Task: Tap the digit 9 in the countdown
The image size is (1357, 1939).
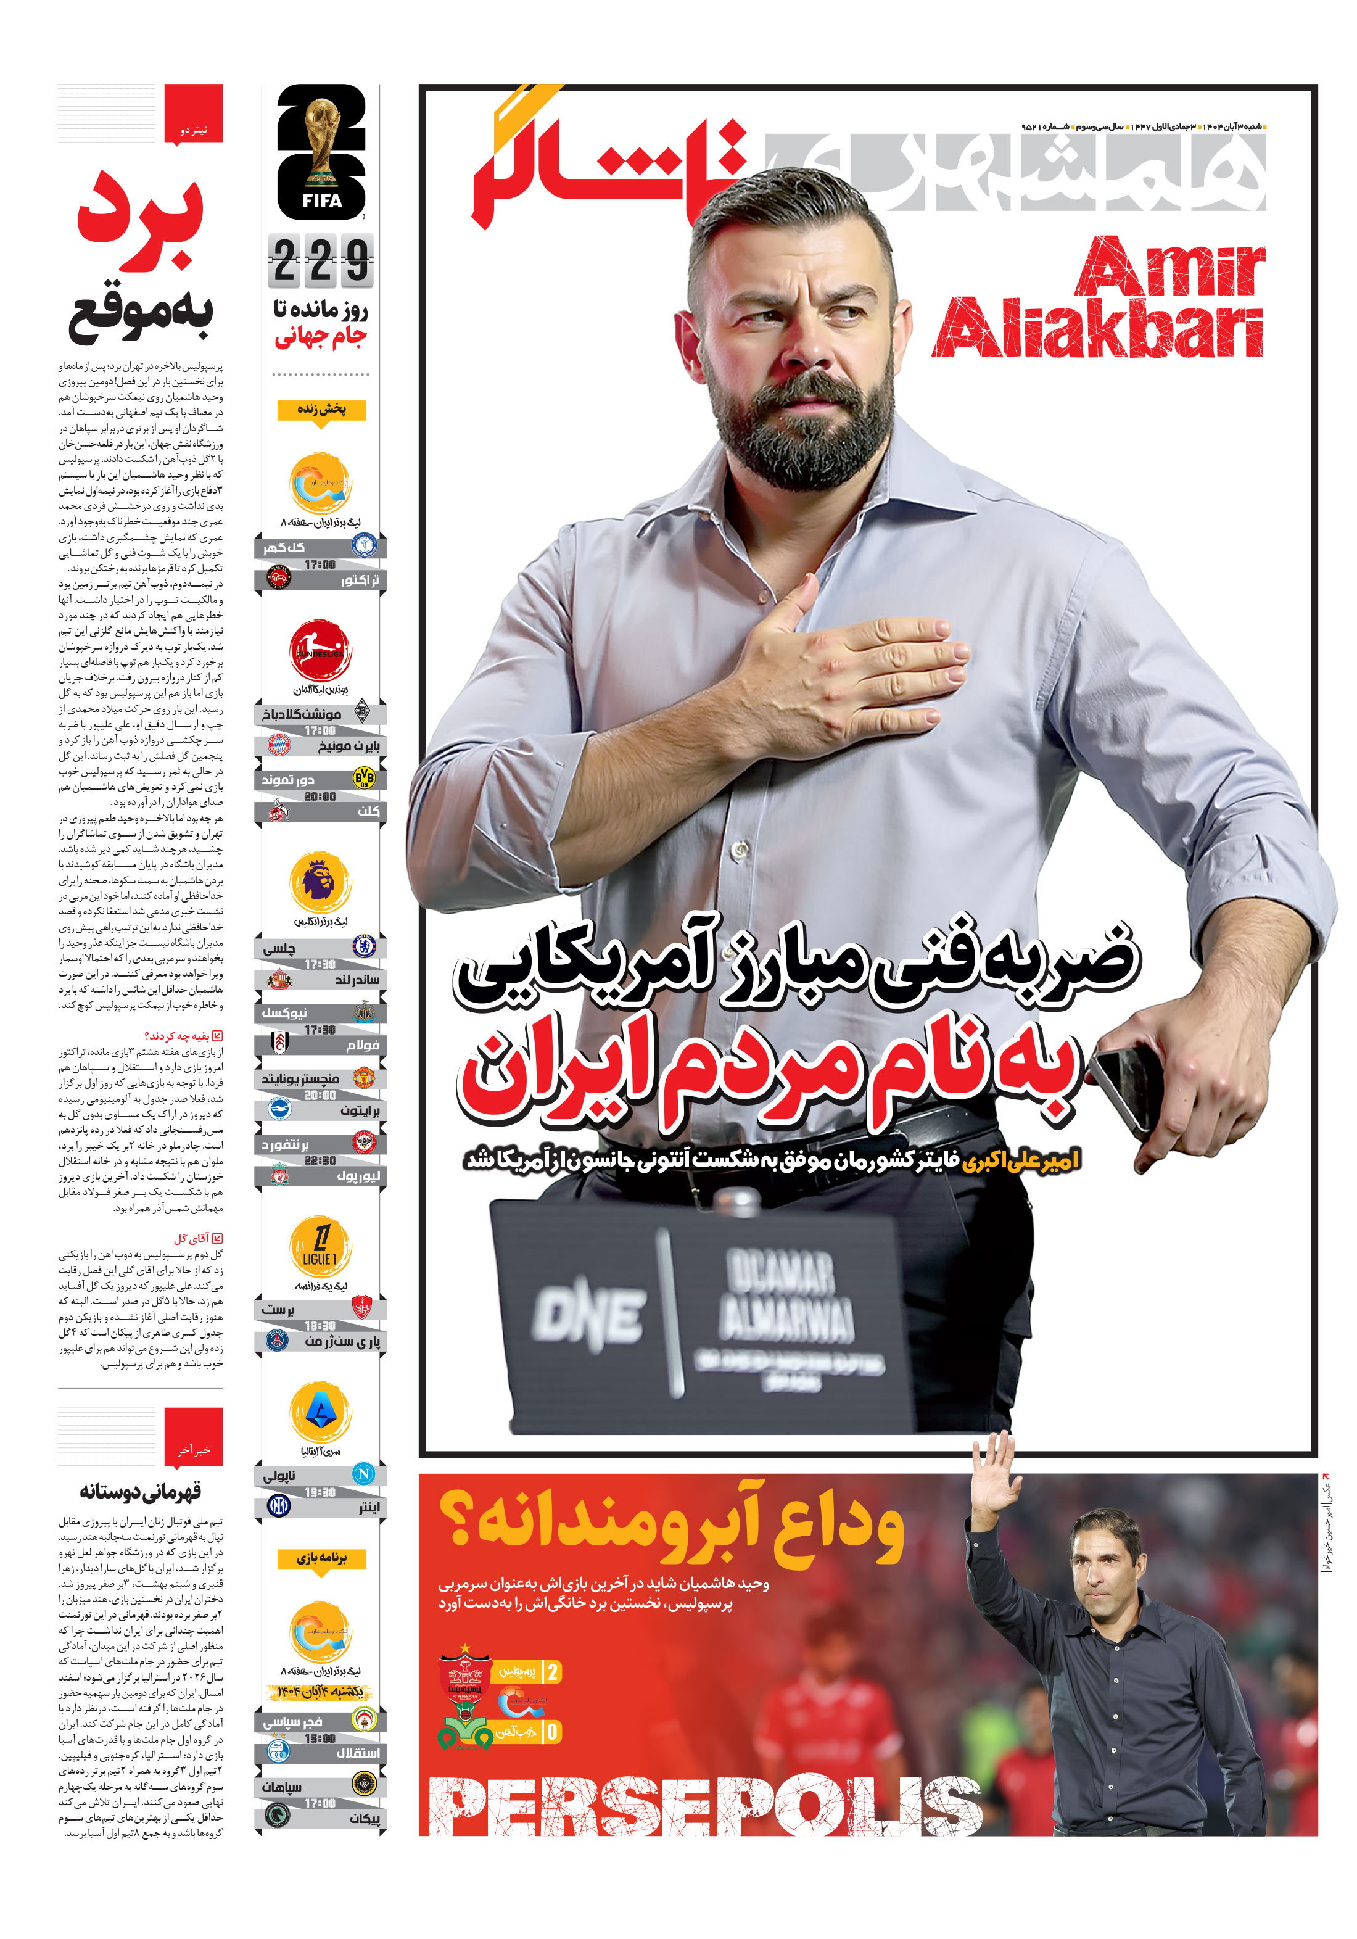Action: click(x=357, y=260)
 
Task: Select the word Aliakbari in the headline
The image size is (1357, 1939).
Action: click(x=1098, y=327)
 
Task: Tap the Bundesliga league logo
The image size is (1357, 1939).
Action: click(x=320, y=650)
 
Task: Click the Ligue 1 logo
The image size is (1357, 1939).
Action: click(x=320, y=1246)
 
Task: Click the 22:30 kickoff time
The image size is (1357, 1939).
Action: click(x=320, y=1160)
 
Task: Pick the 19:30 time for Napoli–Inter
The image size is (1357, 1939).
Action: click(x=320, y=1492)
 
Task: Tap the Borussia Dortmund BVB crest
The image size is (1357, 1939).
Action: click(x=364, y=777)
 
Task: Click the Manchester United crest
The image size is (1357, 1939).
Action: click(x=364, y=1078)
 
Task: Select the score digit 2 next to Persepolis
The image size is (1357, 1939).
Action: click(x=552, y=1671)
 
